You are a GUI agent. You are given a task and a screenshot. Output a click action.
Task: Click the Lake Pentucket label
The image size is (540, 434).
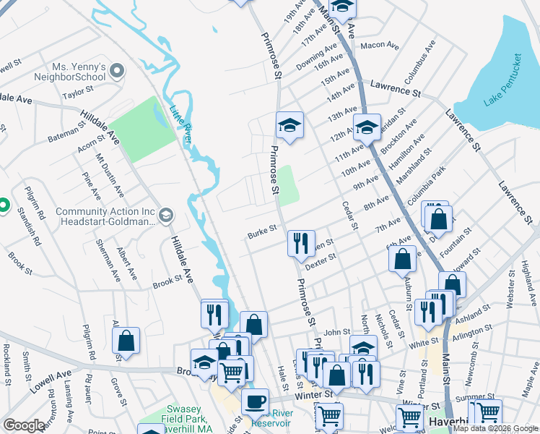click(502, 80)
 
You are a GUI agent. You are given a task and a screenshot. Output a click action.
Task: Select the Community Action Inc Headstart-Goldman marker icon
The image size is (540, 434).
click(166, 216)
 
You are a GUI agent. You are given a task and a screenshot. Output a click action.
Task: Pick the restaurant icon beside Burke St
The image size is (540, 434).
click(301, 242)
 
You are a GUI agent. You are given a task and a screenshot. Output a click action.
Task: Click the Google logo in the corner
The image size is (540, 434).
click(24, 425)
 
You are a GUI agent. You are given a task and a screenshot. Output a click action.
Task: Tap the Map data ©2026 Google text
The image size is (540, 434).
click(495, 428)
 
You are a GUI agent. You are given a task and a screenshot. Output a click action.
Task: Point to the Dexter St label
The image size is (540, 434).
click(321, 261)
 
